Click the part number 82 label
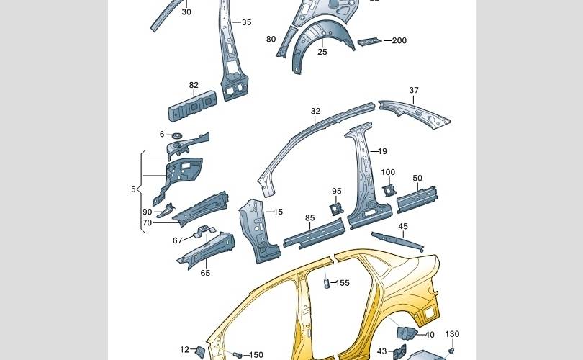tap(194, 86)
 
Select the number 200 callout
tap(399, 41)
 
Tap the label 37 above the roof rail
tap(414, 91)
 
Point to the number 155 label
tap(343, 283)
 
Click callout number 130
tap(452, 334)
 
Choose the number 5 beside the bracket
tap(133, 189)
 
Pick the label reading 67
tap(178, 240)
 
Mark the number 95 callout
tap(336, 192)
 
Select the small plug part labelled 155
tap(326, 283)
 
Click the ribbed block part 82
tap(194, 105)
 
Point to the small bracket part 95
tap(335, 208)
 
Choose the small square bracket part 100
tap(388, 189)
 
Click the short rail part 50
tap(417, 198)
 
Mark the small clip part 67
tap(204, 231)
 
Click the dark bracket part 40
tap(407, 333)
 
